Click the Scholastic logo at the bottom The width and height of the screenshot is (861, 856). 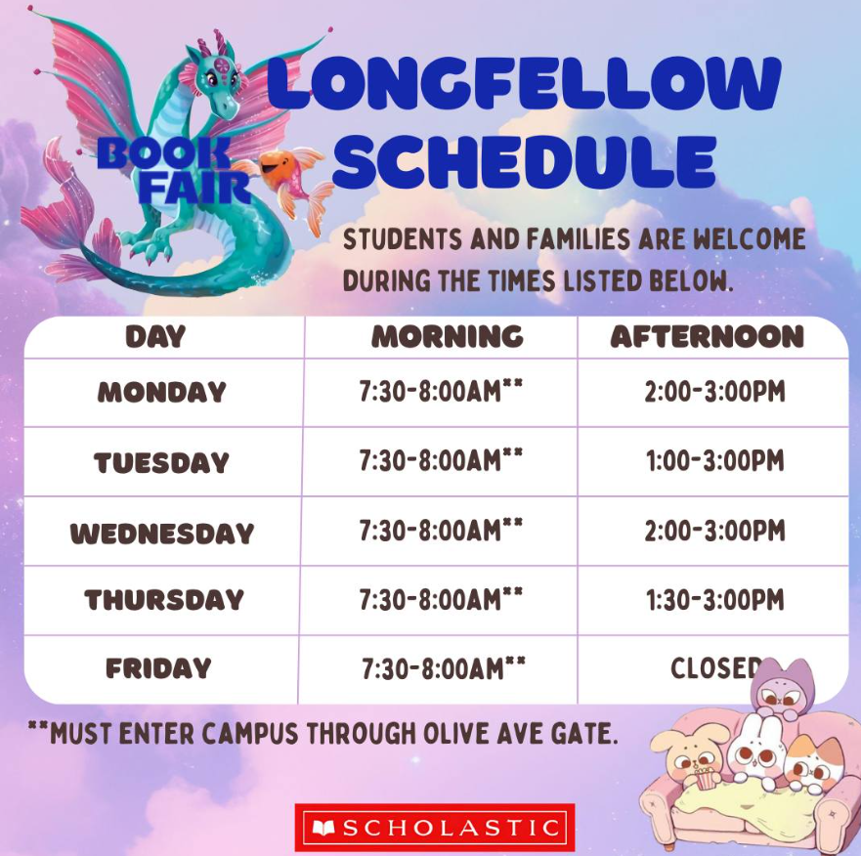point(434,827)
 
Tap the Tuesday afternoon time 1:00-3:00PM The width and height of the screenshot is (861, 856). point(715,460)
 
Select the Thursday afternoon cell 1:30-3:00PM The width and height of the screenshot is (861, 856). point(715,600)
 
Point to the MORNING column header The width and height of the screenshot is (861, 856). point(447,336)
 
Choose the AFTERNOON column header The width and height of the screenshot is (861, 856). point(708,336)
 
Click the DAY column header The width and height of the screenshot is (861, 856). point(155,336)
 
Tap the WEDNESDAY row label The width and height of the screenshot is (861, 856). point(162,534)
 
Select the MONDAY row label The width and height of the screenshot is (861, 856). point(162,392)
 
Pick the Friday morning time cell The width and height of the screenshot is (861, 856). point(443,668)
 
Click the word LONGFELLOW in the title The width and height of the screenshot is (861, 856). point(524,83)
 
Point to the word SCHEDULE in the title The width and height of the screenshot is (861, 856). point(525,161)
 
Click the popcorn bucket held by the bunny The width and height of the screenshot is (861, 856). point(705,778)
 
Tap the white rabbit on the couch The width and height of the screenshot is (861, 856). point(756,750)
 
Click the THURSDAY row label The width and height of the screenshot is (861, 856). point(163,600)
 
